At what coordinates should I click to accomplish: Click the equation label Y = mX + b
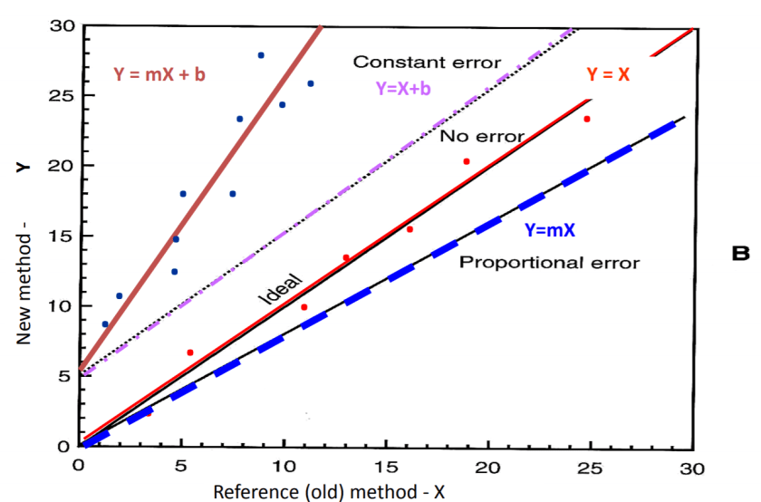tap(160, 74)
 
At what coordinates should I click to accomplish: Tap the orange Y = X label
tap(608, 75)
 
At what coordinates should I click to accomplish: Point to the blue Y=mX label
tap(549, 230)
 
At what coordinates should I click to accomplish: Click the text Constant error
tap(427, 63)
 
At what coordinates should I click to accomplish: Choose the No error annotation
tap(482, 137)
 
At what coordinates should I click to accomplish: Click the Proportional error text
tap(550, 264)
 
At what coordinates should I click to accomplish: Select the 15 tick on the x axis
tap(386, 466)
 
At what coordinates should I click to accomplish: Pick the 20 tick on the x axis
tap(488, 466)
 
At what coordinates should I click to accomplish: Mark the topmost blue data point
tap(261, 55)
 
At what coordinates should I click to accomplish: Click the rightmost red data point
tap(587, 119)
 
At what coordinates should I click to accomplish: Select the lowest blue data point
tap(105, 324)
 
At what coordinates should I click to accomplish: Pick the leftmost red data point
tap(189, 352)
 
